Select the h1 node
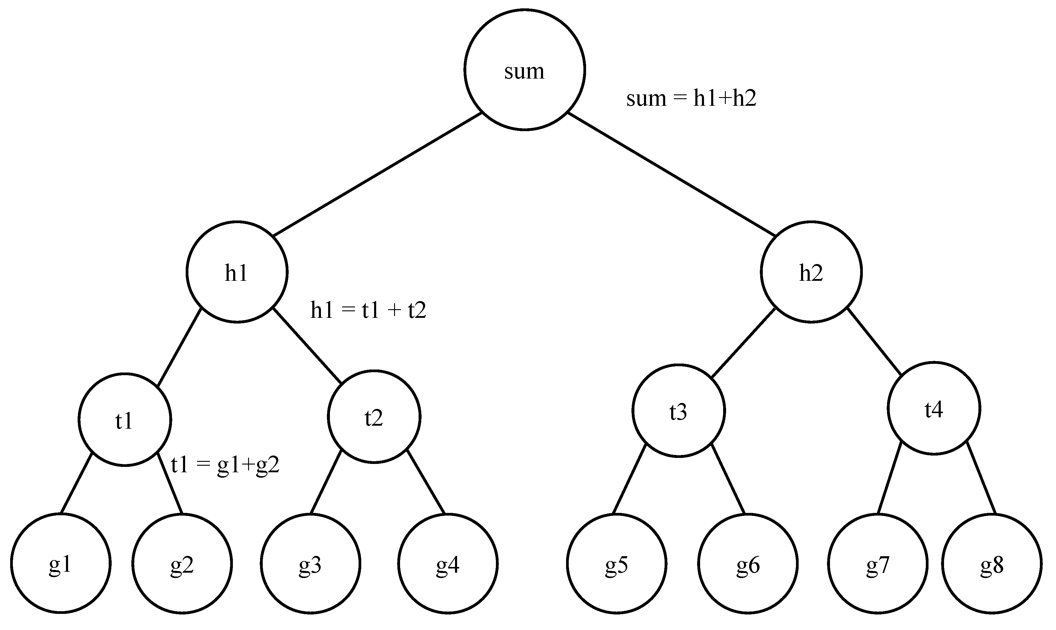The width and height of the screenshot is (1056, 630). (237, 272)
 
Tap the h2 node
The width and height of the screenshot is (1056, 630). (811, 272)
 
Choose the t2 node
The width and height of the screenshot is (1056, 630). (374, 416)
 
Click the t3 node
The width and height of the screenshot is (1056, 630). (678, 410)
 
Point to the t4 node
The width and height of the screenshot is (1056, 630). (934, 408)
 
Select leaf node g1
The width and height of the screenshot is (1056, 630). (60, 563)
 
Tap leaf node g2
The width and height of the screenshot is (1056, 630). (182, 563)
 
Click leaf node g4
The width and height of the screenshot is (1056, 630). (448, 563)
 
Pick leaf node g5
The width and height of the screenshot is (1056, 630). (617, 563)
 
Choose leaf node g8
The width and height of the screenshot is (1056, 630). (992, 563)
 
